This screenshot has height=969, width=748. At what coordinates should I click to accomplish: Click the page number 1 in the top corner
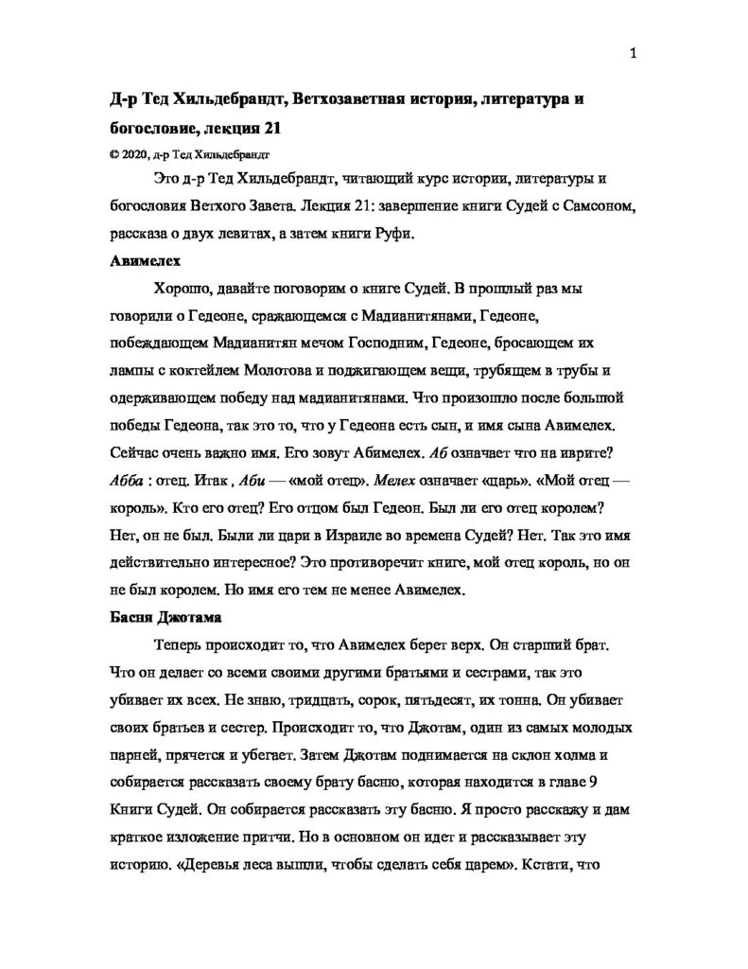pyautogui.click(x=632, y=53)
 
